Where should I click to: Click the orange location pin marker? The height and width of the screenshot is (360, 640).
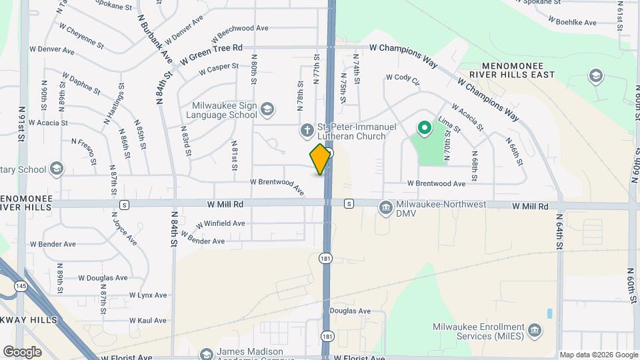pyautogui.click(x=321, y=159)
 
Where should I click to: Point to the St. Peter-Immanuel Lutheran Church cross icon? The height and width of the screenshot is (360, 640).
pyautogui.click(x=307, y=131)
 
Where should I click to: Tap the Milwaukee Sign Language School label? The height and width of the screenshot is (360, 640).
pyautogui.click(x=224, y=110)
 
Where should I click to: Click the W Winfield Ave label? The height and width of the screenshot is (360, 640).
pyautogui.click(x=220, y=223)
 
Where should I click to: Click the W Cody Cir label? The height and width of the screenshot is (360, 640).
pyautogui.click(x=403, y=80)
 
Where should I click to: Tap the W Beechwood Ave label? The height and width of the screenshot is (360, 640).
pyautogui.click(x=239, y=29)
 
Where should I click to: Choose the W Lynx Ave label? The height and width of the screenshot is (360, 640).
pyautogui.click(x=149, y=295)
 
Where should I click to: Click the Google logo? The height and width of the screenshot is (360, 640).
pyautogui.click(x=22, y=352)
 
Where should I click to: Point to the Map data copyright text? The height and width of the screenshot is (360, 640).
pyautogui.click(x=597, y=355)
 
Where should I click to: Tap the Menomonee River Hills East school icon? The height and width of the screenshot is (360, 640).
pyautogui.click(x=595, y=76)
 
